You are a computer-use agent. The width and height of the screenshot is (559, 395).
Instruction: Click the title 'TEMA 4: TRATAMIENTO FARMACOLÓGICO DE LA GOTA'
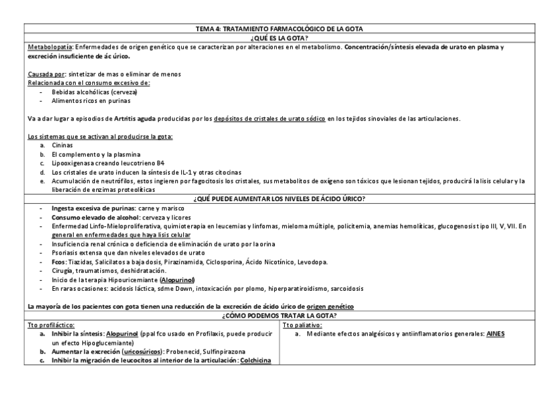[279, 29]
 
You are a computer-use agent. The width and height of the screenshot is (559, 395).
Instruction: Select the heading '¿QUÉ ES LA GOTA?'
[279, 38]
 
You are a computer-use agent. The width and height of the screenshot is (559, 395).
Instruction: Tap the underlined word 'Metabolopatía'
[50, 47]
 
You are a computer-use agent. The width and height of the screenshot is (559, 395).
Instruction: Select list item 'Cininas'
[61, 144]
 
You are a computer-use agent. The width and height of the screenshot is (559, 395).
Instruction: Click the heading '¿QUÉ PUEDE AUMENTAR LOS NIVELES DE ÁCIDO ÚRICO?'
[279, 198]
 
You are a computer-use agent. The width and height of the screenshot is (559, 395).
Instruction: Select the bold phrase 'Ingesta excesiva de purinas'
[92, 208]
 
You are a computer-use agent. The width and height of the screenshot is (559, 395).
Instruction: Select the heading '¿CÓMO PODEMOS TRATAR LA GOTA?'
[279, 316]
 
